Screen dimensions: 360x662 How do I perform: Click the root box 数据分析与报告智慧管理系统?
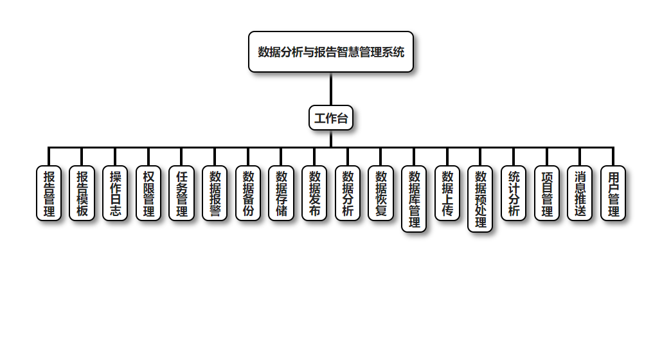(331, 52)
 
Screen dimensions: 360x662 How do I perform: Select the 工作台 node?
(331, 118)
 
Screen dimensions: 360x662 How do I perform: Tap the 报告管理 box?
(49, 193)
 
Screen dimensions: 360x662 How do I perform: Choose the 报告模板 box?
(82, 193)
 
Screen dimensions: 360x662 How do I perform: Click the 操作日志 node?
(115, 193)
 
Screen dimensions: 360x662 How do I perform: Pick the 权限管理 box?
(148, 193)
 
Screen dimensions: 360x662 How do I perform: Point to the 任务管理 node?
(182, 193)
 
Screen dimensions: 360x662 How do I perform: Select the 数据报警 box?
(215, 193)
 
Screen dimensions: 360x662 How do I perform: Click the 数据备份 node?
(248, 193)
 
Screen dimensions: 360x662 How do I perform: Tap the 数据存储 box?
(282, 193)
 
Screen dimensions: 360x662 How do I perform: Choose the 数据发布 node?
(314, 193)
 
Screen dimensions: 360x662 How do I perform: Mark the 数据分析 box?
(348, 193)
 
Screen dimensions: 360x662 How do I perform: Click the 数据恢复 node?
(381, 193)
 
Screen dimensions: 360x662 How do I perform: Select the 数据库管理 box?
(414, 199)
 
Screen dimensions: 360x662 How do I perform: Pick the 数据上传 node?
(447, 193)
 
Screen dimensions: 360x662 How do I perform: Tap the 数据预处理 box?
(480, 199)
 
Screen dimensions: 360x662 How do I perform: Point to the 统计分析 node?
(514, 193)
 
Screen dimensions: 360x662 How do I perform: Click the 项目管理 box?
(547, 193)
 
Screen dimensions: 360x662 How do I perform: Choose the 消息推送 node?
(580, 193)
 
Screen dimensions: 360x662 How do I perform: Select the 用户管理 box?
(613, 193)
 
